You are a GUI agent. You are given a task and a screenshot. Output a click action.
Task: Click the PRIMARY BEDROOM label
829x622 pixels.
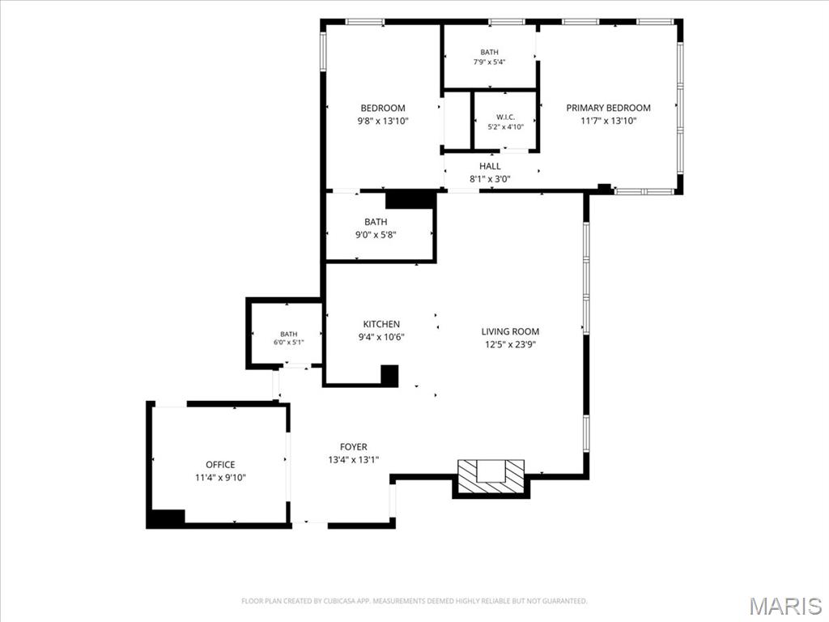(608, 108)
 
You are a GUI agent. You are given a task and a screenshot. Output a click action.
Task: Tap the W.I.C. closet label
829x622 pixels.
(505, 117)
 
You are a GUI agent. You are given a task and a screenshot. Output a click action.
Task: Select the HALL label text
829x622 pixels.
(490, 166)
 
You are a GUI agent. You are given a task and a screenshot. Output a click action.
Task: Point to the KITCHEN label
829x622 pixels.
(381, 324)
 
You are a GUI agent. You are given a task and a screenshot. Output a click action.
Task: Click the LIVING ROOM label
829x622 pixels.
(510, 331)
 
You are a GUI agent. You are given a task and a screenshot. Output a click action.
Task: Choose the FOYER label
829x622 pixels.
(354, 447)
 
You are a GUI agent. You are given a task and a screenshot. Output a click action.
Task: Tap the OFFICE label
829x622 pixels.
(220, 465)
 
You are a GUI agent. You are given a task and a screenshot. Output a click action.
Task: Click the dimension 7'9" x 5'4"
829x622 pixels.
(489, 62)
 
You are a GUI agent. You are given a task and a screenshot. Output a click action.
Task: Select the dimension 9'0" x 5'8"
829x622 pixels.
(376, 235)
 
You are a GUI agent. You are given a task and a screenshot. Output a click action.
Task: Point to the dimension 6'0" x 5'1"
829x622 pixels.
(289, 343)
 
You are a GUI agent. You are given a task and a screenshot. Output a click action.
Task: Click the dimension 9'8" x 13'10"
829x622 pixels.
(383, 121)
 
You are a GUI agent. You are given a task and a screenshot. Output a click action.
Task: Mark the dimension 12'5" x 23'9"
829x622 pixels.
(510, 345)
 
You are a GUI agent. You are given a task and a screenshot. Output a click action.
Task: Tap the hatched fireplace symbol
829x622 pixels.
(491, 477)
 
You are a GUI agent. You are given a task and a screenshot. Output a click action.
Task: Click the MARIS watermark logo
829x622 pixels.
(785, 605)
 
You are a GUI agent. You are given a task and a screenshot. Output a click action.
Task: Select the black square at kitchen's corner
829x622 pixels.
(389, 375)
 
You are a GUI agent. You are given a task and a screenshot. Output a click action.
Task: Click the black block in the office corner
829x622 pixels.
(166, 518)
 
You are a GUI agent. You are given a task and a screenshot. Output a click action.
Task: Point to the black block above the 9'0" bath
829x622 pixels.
(410, 199)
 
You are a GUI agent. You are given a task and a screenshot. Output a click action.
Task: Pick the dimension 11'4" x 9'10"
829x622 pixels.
(220, 478)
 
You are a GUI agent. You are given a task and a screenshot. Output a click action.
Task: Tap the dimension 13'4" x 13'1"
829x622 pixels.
(354, 460)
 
